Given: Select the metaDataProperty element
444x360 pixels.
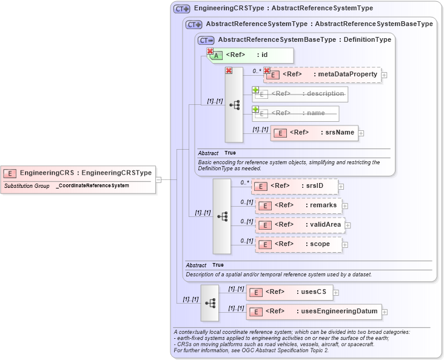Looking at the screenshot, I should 321,75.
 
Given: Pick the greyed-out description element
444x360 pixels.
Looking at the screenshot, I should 300,94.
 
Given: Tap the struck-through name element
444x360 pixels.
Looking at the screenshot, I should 295,113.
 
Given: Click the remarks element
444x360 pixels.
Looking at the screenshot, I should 298,205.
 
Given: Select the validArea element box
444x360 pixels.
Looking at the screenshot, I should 300,225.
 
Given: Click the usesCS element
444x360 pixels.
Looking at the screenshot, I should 289,293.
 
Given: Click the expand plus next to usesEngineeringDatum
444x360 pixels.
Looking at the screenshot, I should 385,312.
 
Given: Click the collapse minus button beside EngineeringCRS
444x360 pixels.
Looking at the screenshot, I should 158,179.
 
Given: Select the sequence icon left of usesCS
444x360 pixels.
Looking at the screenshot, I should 210,302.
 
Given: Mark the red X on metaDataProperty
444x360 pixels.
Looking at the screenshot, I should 266,71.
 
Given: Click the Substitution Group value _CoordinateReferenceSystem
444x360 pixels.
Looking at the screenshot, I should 92,185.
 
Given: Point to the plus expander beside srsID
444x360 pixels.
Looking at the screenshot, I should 341,187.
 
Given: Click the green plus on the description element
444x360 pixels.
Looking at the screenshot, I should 255,90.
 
